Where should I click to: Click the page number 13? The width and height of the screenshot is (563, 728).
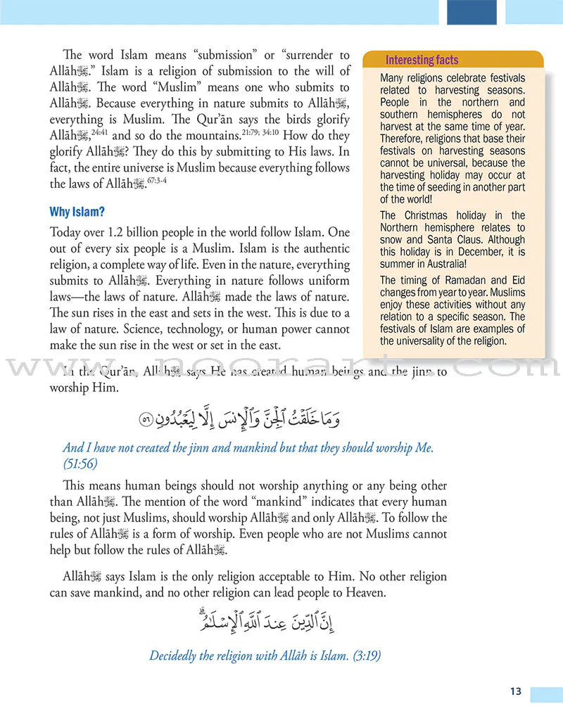tap(516, 691)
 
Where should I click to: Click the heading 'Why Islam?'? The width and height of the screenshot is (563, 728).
tap(77, 212)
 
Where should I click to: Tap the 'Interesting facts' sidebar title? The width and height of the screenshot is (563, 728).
tap(422, 60)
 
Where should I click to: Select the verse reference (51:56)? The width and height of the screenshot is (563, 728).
tap(80, 464)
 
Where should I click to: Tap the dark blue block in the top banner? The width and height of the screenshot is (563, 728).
tap(472, 12)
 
